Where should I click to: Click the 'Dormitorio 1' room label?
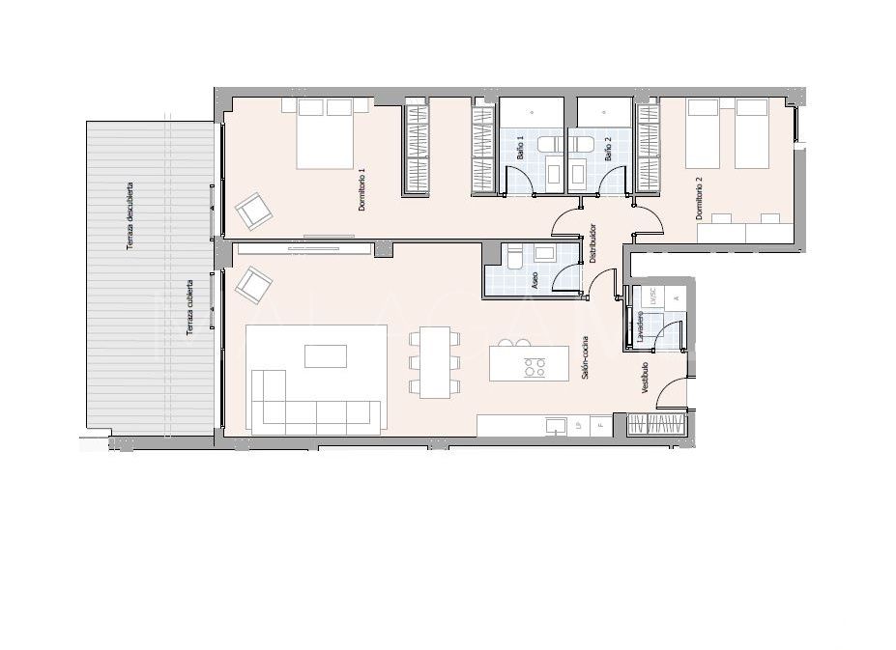(361, 190)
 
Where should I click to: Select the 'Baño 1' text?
(520, 148)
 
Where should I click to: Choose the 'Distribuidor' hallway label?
(593, 244)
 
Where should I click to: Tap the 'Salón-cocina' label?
(586, 357)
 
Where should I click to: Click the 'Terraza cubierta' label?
(189, 309)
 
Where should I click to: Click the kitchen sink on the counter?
(555, 425)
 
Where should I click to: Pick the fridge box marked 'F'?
(600, 425)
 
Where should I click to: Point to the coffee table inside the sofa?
(325, 356)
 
